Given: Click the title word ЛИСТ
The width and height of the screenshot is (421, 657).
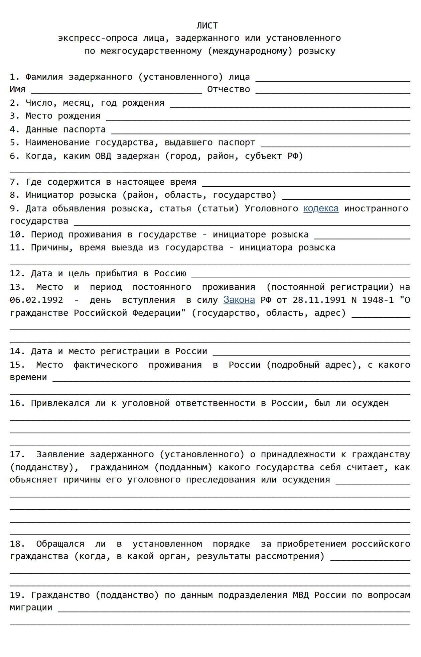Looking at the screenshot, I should (207, 25).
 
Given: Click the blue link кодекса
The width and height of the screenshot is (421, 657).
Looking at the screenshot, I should (321, 208).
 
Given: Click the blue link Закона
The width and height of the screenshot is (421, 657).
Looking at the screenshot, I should (239, 300).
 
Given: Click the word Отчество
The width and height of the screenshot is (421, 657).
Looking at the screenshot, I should (229, 89).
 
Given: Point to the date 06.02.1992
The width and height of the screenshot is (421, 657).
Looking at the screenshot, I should (36, 300).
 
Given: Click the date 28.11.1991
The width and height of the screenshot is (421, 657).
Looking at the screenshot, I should (319, 300).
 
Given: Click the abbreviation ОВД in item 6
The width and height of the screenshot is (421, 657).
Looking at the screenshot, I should (103, 156).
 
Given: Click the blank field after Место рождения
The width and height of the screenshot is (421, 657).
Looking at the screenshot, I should (258, 117).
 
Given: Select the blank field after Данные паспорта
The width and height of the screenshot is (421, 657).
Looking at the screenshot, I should (261, 130).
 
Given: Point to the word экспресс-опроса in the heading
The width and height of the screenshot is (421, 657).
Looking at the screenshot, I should (98, 38).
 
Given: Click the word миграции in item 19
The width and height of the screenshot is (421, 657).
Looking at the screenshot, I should (31, 607).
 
